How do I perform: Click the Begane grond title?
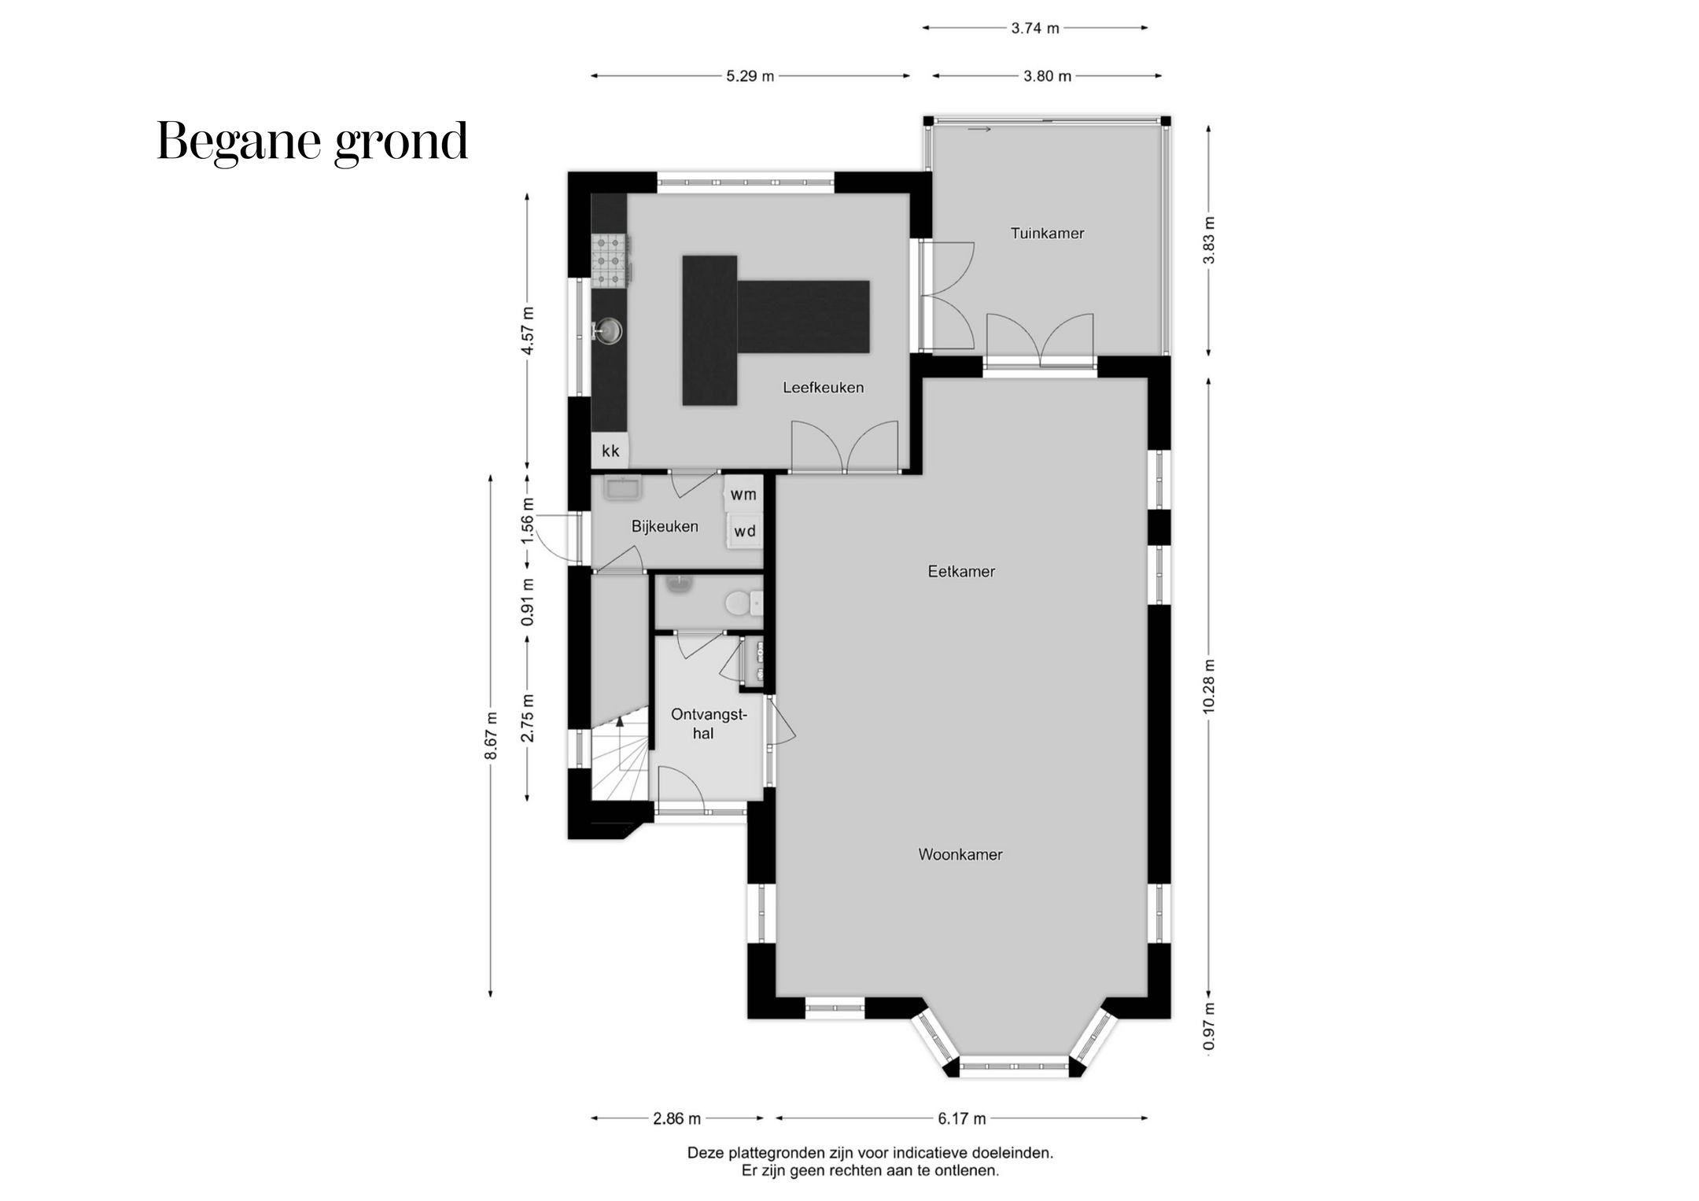[x=312, y=142]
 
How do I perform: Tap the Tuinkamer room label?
[x=1047, y=233]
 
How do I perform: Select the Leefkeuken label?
[x=823, y=387]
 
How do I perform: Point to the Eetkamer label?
[x=961, y=572]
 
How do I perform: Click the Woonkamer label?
[x=960, y=854]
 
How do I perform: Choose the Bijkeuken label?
[x=665, y=526]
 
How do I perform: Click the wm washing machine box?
[x=743, y=494]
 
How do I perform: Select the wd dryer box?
[x=744, y=531]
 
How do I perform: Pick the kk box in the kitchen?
[x=610, y=451]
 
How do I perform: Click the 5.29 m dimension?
[x=750, y=76]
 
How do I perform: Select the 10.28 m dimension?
[x=1209, y=687]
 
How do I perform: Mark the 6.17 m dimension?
[x=961, y=1118]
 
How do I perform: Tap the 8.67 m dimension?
[x=491, y=735]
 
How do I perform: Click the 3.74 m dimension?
[x=1034, y=28]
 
